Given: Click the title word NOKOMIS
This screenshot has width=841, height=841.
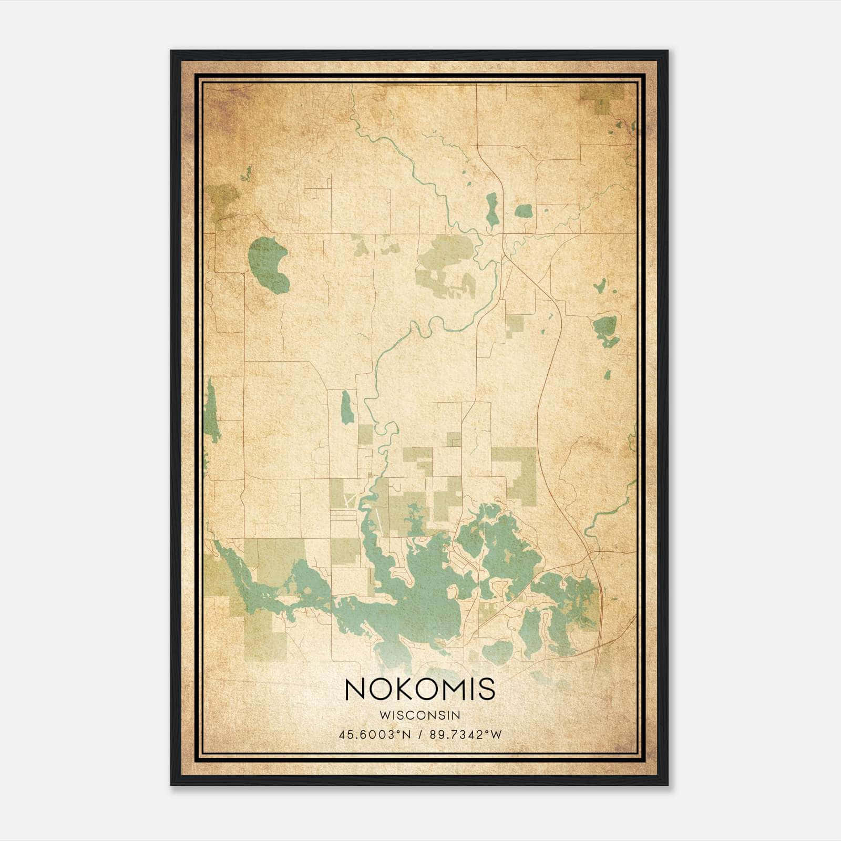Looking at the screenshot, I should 420,689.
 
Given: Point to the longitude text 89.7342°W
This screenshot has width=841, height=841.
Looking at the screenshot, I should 466,734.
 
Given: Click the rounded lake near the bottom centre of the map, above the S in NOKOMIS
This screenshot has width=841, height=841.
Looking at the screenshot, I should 497,652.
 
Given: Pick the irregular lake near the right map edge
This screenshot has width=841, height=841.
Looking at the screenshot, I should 606,329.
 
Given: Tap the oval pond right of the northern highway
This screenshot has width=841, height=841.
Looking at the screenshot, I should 524,211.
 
